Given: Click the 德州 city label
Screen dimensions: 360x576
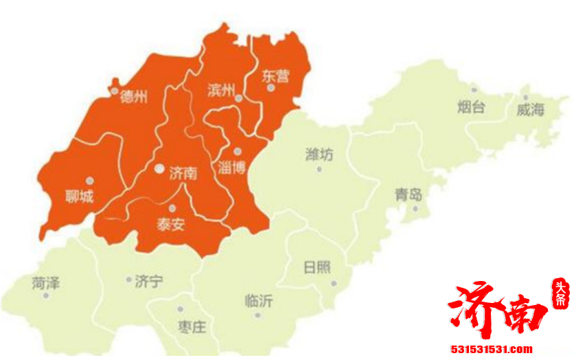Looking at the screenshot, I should pos(134,97).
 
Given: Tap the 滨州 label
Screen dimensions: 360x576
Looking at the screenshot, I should pos(220,90).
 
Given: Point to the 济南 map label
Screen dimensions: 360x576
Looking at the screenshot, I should pos(183,173).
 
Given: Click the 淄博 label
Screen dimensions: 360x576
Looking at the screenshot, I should pos(231,167).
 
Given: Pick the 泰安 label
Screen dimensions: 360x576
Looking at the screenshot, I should pos(170,224).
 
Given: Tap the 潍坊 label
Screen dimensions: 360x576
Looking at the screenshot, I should pos(319,155).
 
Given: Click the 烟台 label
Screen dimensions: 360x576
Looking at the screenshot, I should pos(471,106).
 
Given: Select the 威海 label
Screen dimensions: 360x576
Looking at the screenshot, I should pos(530,110).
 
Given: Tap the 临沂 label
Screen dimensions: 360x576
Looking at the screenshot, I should pos(258,301).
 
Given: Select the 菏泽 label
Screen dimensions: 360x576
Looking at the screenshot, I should pos(46,281).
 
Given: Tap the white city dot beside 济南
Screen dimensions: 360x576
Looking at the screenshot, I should pos(159,168).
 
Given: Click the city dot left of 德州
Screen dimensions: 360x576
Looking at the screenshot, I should pos(114,90).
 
